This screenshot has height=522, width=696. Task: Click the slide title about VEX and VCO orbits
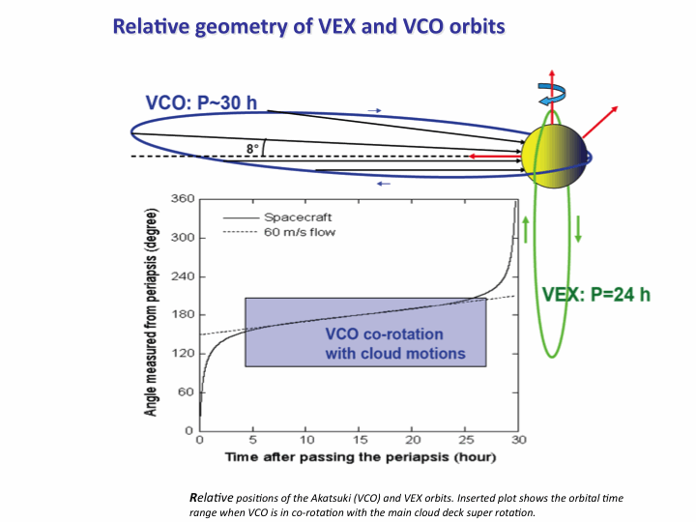pyautogui.click(x=309, y=26)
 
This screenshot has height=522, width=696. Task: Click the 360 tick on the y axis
pyautogui.click(x=183, y=199)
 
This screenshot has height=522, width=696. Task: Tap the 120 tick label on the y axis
pyautogui.click(x=183, y=354)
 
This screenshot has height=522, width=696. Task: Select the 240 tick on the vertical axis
pyautogui.click(x=183, y=276)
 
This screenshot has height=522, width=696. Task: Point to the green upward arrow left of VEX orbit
pyautogui.click(x=526, y=233)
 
